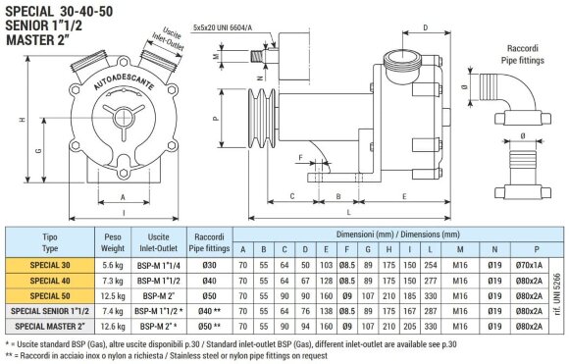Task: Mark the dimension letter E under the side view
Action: click(x=404, y=196)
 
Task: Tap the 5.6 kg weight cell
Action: click(x=111, y=265)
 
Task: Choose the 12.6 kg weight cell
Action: click(x=111, y=325)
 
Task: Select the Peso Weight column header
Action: click(x=111, y=242)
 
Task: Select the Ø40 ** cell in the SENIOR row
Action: click(x=208, y=310)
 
